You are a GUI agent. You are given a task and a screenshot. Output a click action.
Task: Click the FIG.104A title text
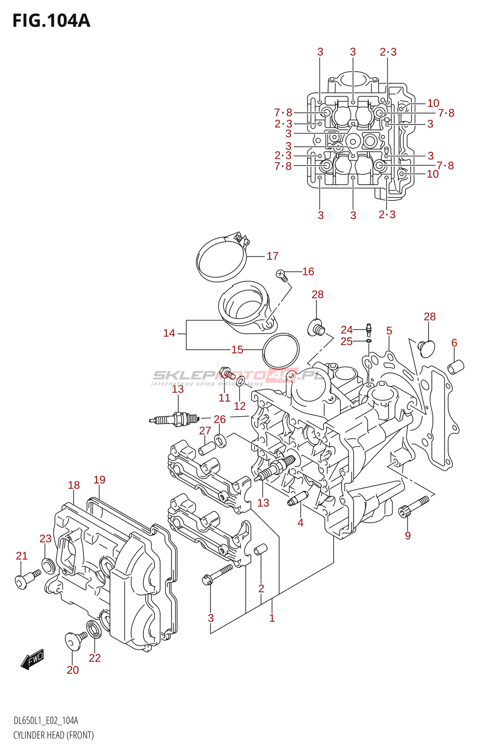pyautogui.click(x=51, y=21)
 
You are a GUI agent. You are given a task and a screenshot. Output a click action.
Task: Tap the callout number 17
pyautogui.click(x=273, y=256)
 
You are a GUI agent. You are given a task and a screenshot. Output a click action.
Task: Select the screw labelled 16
pyautogui.click(x=281, y=275)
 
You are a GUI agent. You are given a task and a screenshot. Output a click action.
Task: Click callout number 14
pyautogui.click(x=169, y=333)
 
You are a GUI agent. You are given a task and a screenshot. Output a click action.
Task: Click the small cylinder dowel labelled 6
pyautogui.click(x=456, y=366)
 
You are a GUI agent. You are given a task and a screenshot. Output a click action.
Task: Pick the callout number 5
pyautogui.click(x=389, y=331)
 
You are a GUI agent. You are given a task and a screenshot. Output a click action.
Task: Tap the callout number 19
pyautogui.click(x=99, y=480)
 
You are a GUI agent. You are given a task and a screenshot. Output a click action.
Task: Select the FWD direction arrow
pyautogui.click(x=33, y=660)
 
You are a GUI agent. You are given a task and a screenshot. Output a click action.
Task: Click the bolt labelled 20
pyautogui.click(x=74, y=639)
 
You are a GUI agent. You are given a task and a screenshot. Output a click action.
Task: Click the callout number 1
pyautogui.click(x=272, y=618)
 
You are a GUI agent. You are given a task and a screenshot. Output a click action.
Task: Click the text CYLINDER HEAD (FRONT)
pyautogui.click(x=53, y=735)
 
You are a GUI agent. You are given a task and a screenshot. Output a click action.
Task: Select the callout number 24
pyautogui.click(x=347, y=329)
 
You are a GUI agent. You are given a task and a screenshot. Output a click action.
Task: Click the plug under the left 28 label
pyautogui.click(x=316, y=328)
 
